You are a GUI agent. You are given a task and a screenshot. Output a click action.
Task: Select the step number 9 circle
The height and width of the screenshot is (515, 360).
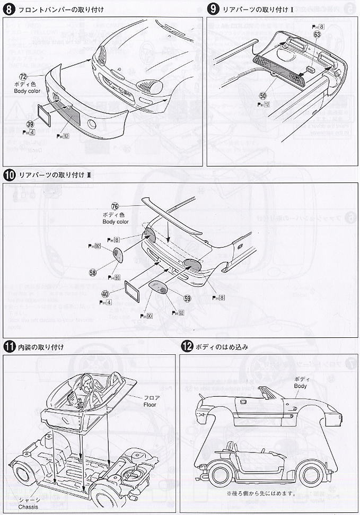(213, 10)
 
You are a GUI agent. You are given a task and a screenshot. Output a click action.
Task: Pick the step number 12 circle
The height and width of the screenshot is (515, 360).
(186, 347)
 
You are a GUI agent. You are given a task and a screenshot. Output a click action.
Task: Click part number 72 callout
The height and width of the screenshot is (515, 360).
(23, 77)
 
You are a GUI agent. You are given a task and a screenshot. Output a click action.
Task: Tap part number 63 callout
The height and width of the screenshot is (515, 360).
(317, 34)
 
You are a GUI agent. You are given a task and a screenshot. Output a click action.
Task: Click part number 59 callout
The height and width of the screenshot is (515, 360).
(187, 298)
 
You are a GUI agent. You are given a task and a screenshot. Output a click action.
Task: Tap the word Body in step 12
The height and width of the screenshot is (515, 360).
(301, 386)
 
